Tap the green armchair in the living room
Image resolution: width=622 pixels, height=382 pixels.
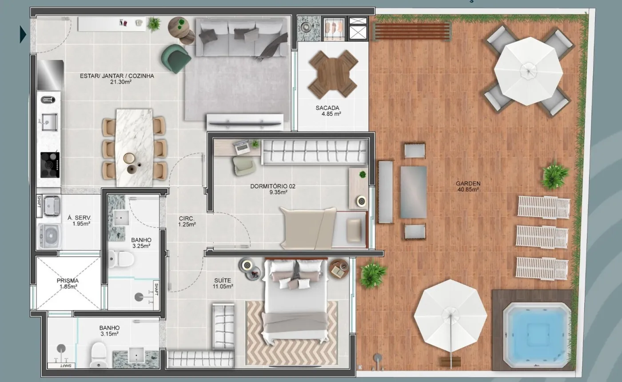[x=176, y=59]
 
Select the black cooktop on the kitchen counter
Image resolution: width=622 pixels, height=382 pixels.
[x=50, y=165]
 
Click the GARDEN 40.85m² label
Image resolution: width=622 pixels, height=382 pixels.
[x=468, y=186]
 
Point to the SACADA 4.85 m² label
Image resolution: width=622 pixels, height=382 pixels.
[x=328, y=110]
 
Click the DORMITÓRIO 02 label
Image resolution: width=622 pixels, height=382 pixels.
[x=273, y=186]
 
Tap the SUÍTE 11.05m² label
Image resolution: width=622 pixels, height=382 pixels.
[x=223, y=284]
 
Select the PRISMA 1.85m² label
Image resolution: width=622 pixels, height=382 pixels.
[x=68, y=284]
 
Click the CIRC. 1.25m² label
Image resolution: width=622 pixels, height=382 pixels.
[x=187, y=221]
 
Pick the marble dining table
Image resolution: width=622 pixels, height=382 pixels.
[x=135, y=147]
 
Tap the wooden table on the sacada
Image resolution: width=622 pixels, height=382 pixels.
[x=333, y=74]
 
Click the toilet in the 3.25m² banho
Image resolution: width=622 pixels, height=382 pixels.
[x=121, y=259]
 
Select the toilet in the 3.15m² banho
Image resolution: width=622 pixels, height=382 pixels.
[x=99, y=355]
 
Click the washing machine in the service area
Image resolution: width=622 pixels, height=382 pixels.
[x=50, y=236]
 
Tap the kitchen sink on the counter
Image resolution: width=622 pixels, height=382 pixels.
[x=49, y=122]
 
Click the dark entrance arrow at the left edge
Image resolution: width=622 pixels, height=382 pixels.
[x=23, y=35]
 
